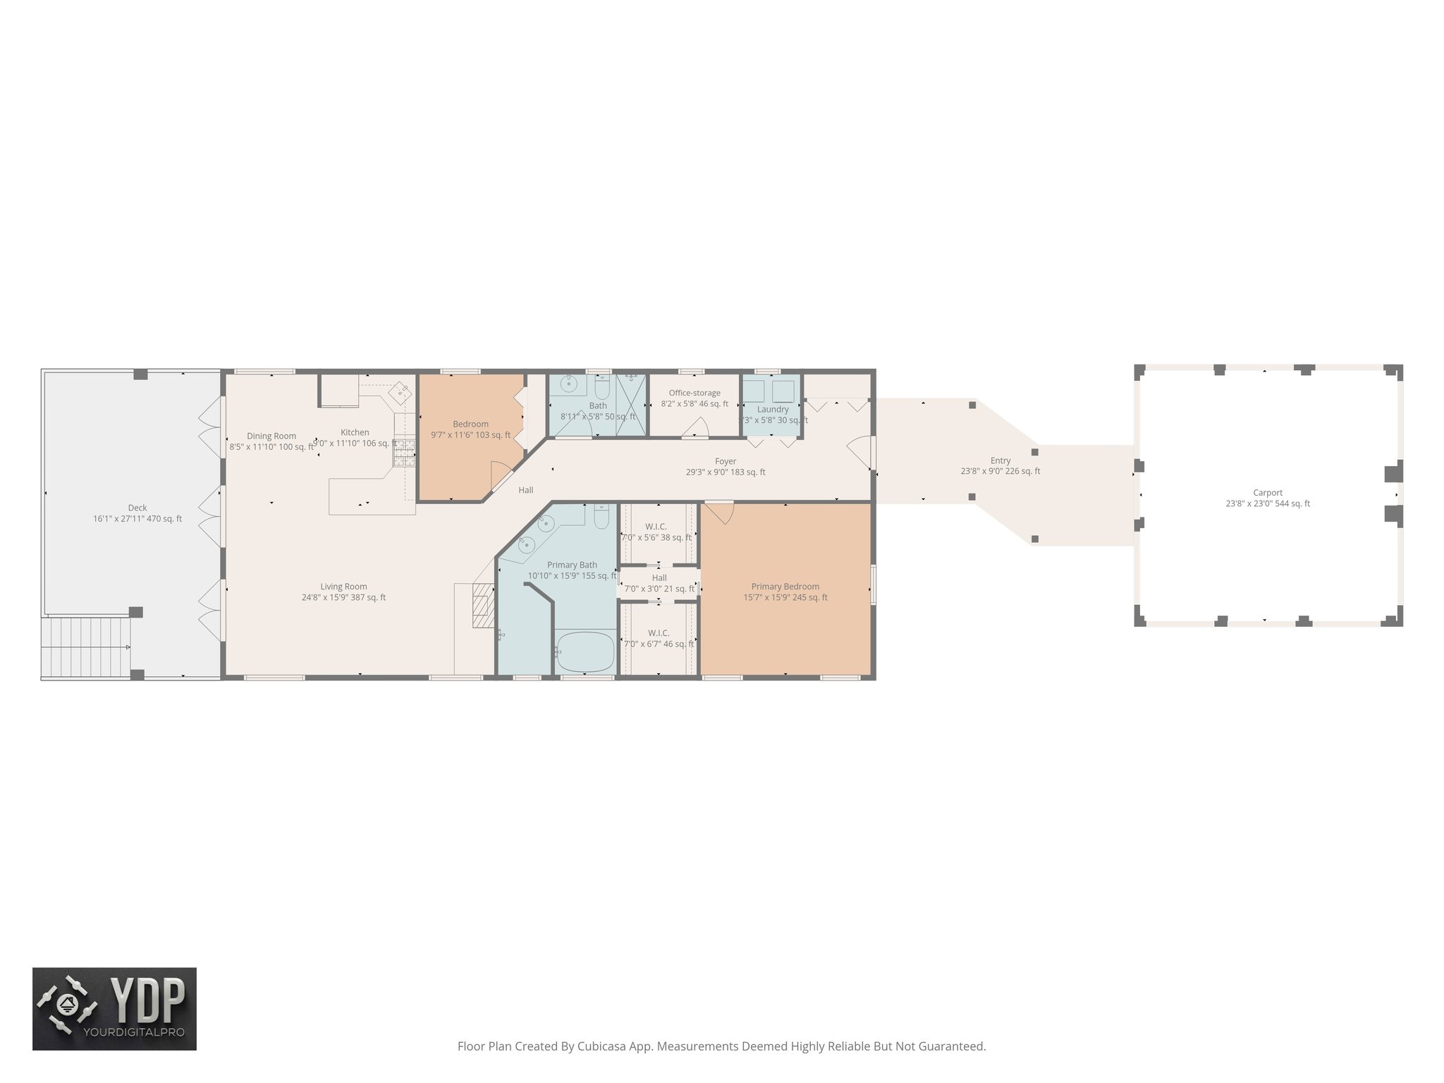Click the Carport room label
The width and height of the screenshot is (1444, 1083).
click(x=1267, y=493)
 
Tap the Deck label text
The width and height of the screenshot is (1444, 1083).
click(x=137, y=508)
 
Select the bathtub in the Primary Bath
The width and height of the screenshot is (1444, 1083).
click(x=585, y=651)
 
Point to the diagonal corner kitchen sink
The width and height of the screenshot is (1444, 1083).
click(x=400, y=391)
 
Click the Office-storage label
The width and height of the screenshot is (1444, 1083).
click(x=695, y=393)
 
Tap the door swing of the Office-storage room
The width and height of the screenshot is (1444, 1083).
click(x=697, y=427)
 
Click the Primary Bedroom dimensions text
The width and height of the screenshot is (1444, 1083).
click(x=785, y=597)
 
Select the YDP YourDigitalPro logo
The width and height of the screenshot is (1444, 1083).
click(x=114, y=1008)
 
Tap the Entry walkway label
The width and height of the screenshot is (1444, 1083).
click(x=1000, y=460)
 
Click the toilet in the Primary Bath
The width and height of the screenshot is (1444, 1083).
click(x=601, y=518)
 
